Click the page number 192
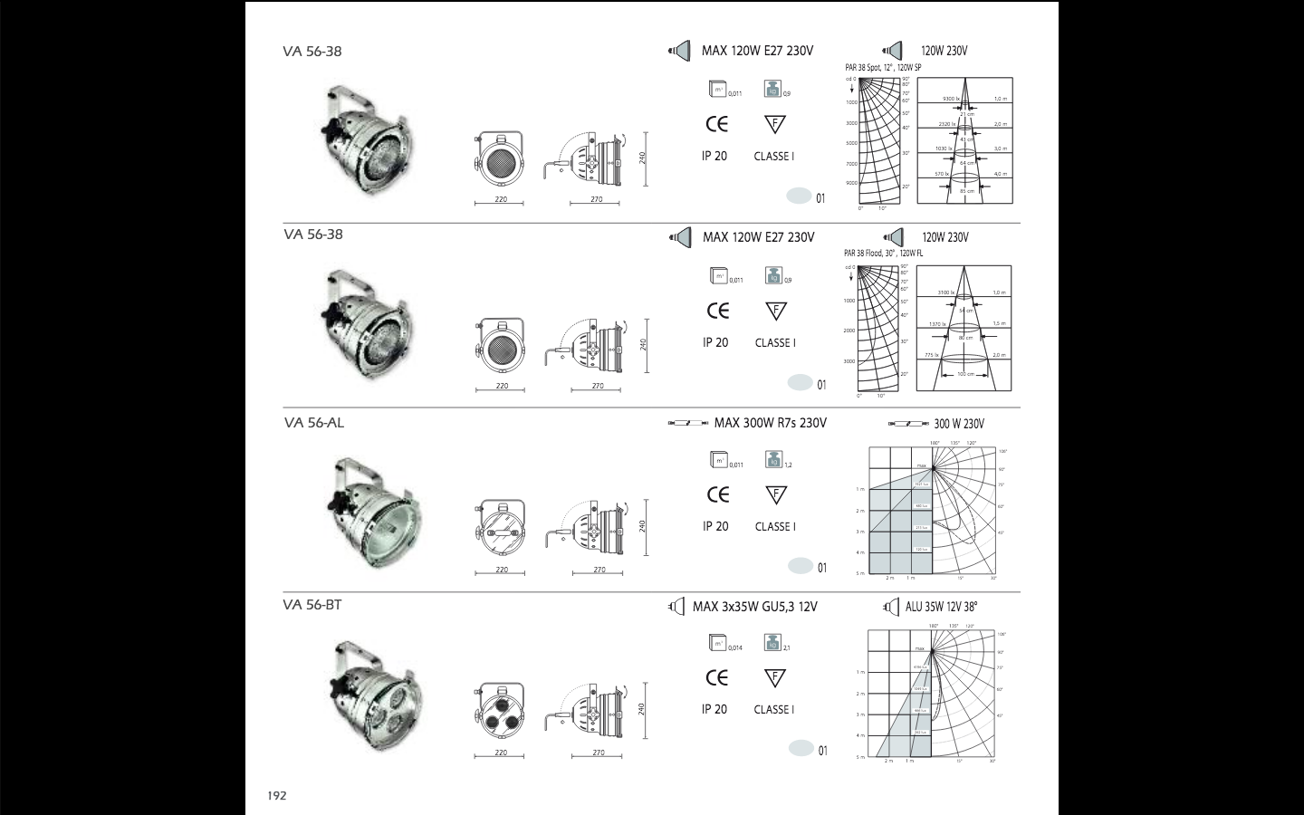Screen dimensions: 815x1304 276,796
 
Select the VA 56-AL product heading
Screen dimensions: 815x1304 313,423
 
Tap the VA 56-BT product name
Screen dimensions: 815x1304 312,605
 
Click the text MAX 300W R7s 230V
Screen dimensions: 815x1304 770,423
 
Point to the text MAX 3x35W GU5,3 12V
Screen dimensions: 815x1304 754,607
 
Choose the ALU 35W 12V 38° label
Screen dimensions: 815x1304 941,607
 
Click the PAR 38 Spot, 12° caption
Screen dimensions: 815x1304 883,68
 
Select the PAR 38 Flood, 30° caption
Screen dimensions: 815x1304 884,254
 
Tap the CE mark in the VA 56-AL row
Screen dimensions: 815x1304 717,494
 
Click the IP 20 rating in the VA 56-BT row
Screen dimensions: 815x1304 714,709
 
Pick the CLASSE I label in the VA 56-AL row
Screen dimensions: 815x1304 774,526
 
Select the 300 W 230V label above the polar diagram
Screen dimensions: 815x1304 959,424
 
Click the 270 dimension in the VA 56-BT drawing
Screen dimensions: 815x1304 599,753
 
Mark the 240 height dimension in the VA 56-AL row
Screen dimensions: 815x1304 642,525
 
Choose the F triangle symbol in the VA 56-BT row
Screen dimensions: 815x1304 774,678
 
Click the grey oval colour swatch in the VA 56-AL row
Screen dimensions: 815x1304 801,566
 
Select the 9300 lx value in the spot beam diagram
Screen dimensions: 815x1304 950,98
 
